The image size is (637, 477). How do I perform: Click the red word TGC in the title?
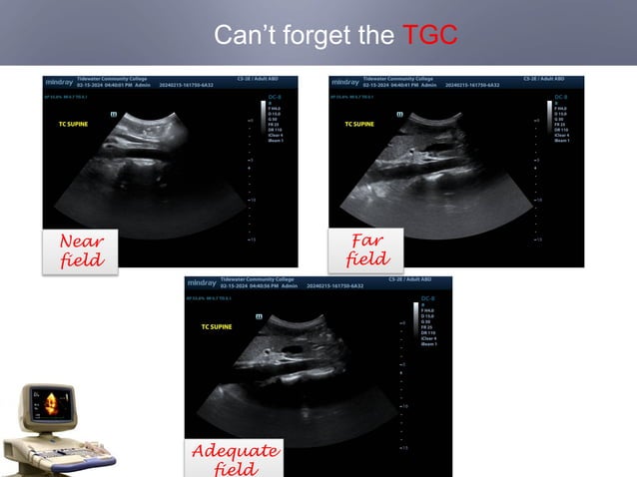(430, 36)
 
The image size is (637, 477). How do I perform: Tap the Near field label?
(81, 249)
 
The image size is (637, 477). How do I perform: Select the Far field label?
(366, 249)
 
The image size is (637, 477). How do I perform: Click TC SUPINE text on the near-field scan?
(75, 125)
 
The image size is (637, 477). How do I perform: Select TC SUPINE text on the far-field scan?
(360, 125)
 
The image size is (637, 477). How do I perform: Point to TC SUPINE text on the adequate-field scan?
(218, 326)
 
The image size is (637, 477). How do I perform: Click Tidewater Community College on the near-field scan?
(111, 79)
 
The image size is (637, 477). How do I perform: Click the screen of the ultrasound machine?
(47, 405)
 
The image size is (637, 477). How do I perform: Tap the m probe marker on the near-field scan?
(113, 115)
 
